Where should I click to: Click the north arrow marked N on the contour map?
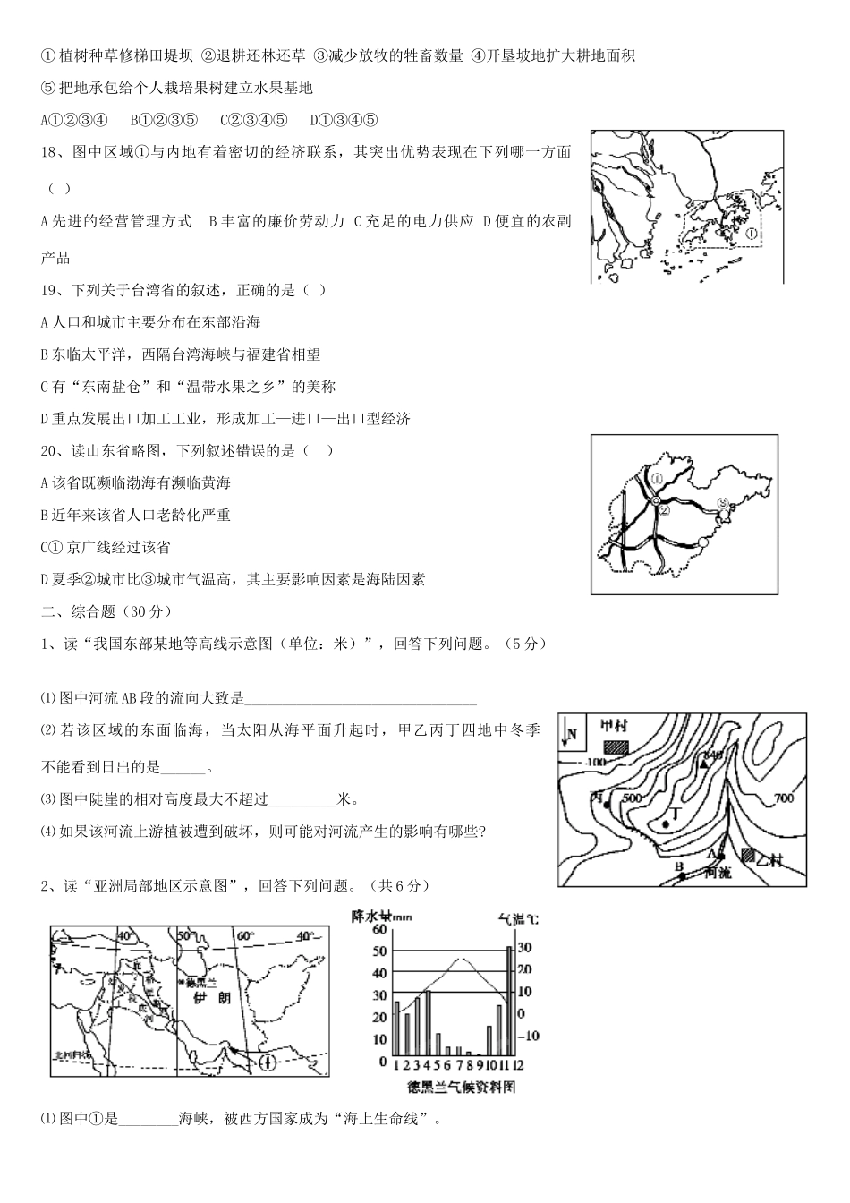[570, 735]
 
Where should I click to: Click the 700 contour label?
[784, 798]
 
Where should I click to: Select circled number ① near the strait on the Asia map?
[266, 1063]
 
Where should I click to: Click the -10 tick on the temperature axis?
[531, 1036]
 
